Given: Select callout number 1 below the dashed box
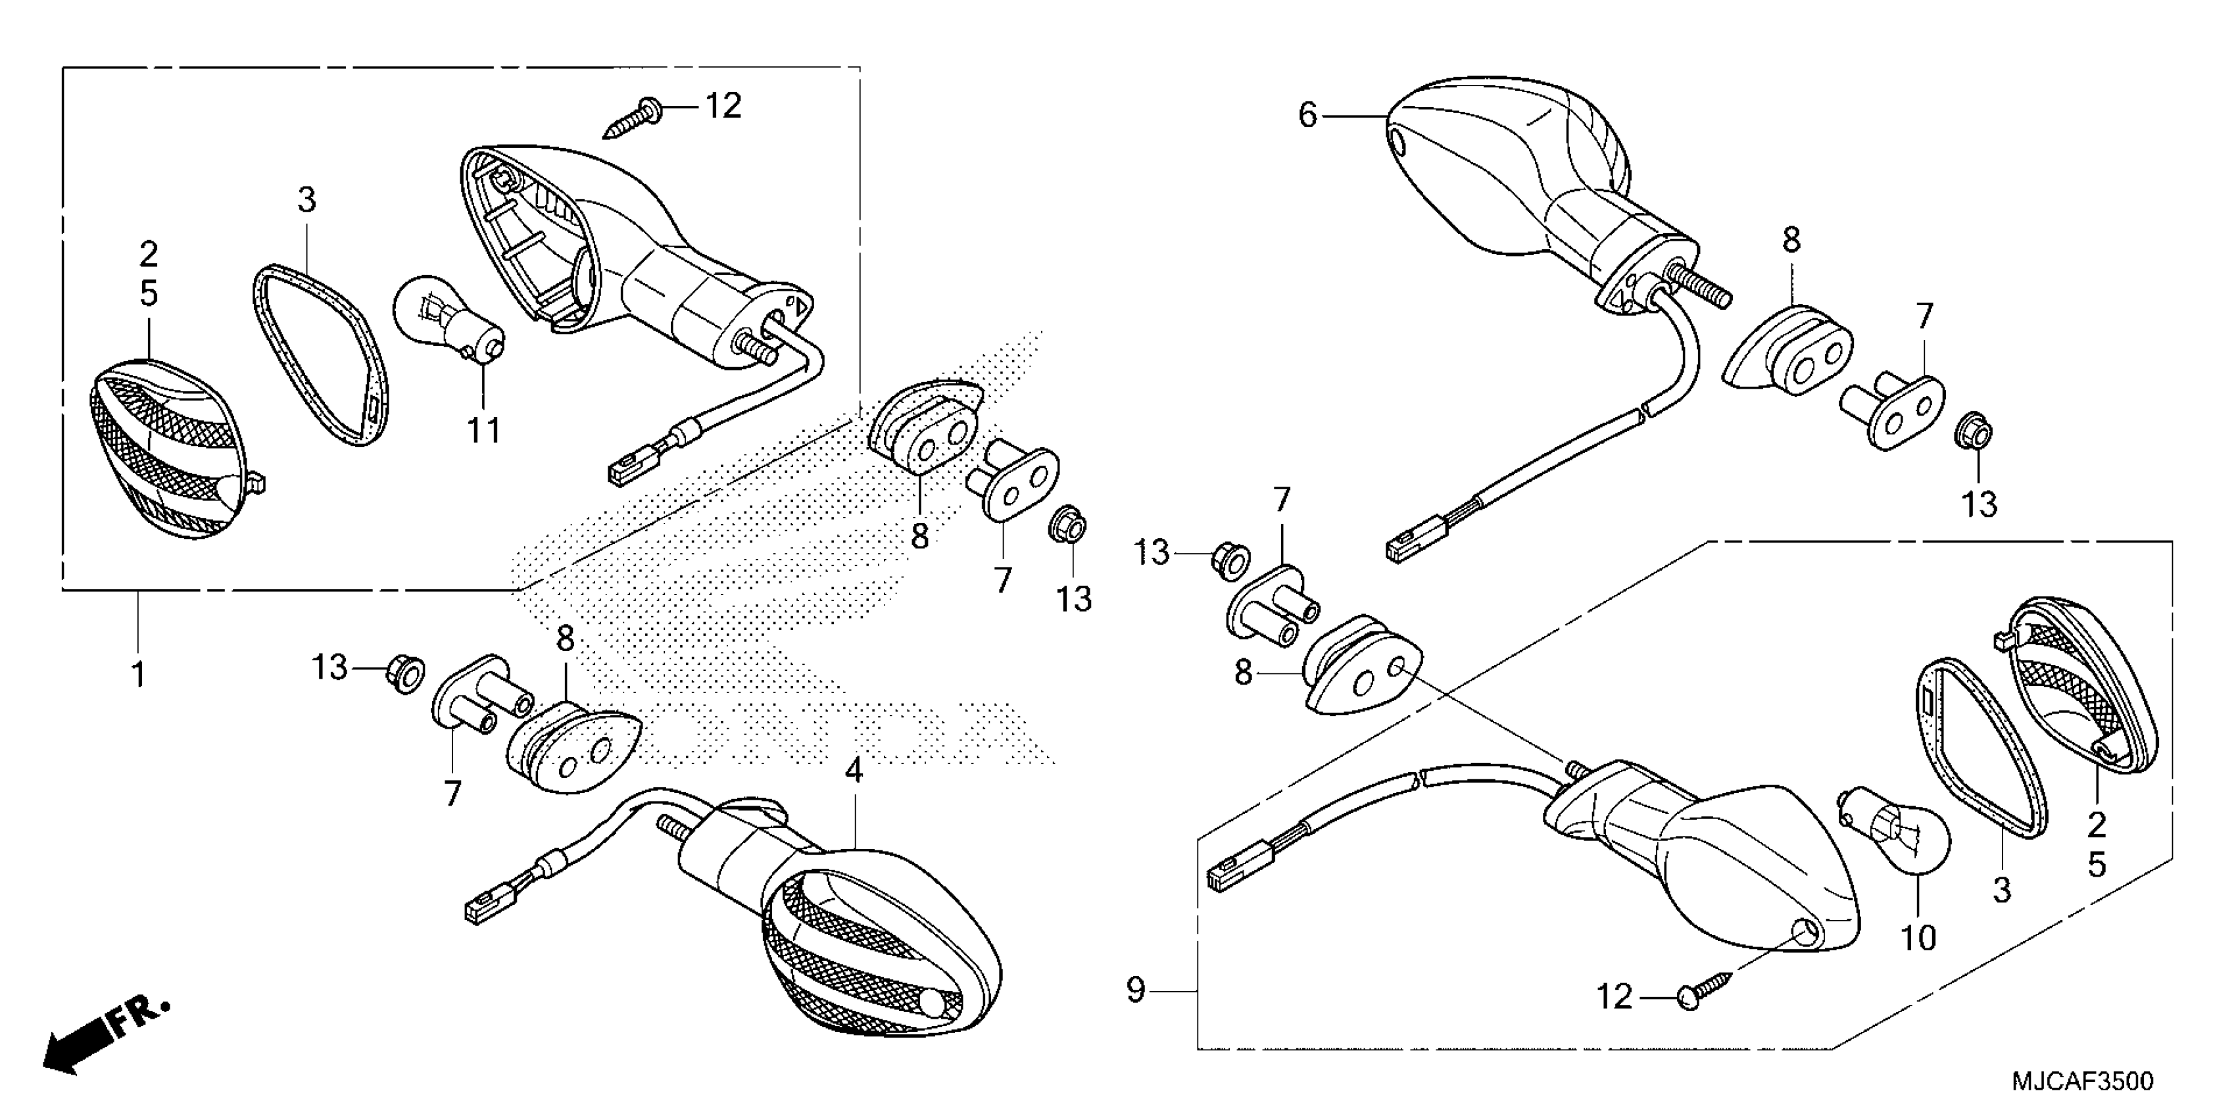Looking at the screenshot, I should pos(138,675).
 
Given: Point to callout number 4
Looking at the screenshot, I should pos(854,771).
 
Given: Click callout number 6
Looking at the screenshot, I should pos(1307,116).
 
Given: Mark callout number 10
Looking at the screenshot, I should pos(1919,937).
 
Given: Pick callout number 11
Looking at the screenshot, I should pos(484,429).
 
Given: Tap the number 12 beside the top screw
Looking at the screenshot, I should pos(723,106).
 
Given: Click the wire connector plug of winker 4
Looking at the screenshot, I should pos(477,911).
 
